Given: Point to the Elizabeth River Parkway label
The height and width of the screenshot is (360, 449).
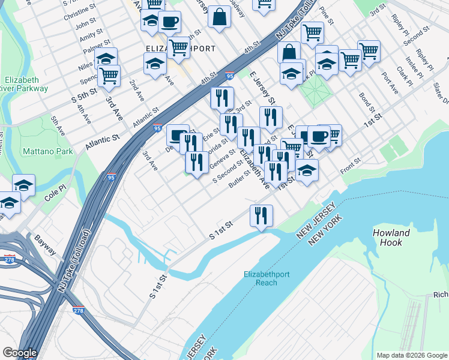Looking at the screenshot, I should [25, 84].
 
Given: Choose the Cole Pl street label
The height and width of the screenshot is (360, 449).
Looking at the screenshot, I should [56, 196].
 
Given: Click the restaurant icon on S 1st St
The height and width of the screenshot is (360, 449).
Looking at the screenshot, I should [261, 215].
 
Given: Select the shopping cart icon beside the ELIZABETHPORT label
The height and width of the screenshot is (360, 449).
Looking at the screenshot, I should [179, 47].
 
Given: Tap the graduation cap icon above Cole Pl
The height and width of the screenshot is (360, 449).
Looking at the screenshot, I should [23, 184].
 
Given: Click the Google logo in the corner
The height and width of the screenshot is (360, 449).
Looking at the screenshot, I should [19, 353].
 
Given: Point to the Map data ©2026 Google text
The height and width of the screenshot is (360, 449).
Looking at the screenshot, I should [411, 355].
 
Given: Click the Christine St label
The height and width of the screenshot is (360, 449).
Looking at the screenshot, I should [79, 13].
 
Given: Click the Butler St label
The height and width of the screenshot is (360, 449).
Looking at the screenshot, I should [239, 179].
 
